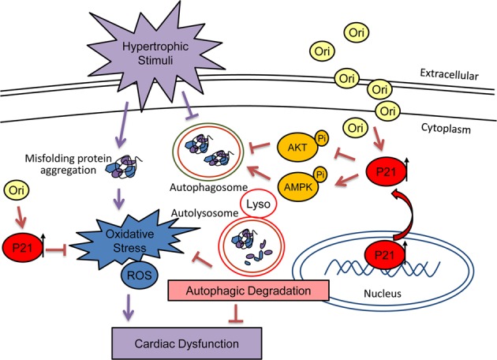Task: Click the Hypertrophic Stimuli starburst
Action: click(155, 54)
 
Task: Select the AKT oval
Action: click(297, 147)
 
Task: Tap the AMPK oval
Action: click(298, 187)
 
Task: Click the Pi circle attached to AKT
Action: click(321, 138)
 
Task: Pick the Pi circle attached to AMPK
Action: click(320, 175)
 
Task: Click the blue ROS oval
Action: click(140, 275)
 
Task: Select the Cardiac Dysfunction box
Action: click(187, 343)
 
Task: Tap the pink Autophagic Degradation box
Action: click(248, 291)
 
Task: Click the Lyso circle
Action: click(258, 204)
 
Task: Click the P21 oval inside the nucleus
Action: click(384, 255)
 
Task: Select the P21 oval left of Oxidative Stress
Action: click(22, 247)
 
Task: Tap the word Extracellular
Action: click(449, 74)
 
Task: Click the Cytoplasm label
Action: click(446, 129)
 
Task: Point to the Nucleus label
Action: click(383, 294)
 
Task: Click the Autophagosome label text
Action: click(208, 187)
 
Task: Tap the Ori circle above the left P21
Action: click(16, 190)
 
